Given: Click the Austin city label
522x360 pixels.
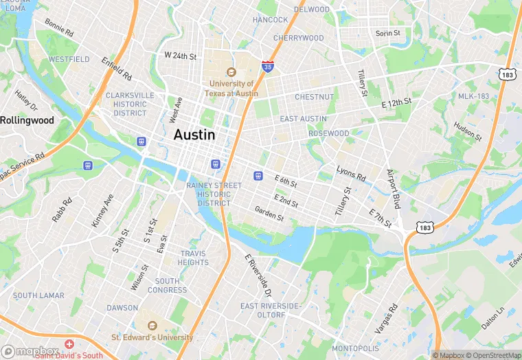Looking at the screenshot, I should click(194, 135).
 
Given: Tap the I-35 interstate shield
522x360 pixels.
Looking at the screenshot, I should click(267, 67).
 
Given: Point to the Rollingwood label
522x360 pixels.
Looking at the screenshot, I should click(27, 120).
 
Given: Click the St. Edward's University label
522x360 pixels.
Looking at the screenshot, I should click(152, 337).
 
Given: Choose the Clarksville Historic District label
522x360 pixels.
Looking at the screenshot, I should click(126, 104).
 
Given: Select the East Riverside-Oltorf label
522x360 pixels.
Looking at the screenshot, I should click(271, 310).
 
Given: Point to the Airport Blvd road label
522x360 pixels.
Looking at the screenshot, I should click(394, 189).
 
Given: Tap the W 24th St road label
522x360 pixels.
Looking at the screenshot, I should click(181, 55).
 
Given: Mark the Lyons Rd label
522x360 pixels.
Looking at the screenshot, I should click(351, 173).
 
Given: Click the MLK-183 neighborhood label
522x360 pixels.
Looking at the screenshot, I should click(474, 96).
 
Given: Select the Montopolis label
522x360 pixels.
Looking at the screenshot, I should click(355, 348).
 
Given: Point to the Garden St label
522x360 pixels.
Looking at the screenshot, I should click(269, 214).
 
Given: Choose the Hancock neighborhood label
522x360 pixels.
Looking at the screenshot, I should click(270, 20).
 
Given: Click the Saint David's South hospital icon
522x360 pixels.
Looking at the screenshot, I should click(69, 344).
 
